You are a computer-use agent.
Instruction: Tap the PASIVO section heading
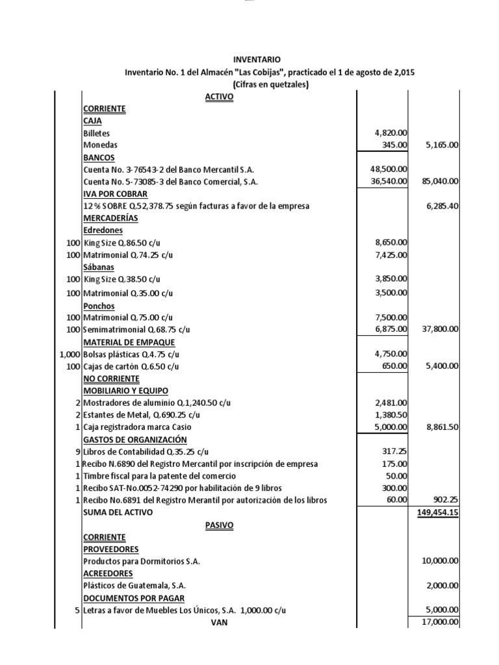tap(218, 525)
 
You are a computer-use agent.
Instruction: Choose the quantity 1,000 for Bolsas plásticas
tap(68, 355)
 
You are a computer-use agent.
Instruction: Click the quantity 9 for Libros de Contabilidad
tap(77, 451)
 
